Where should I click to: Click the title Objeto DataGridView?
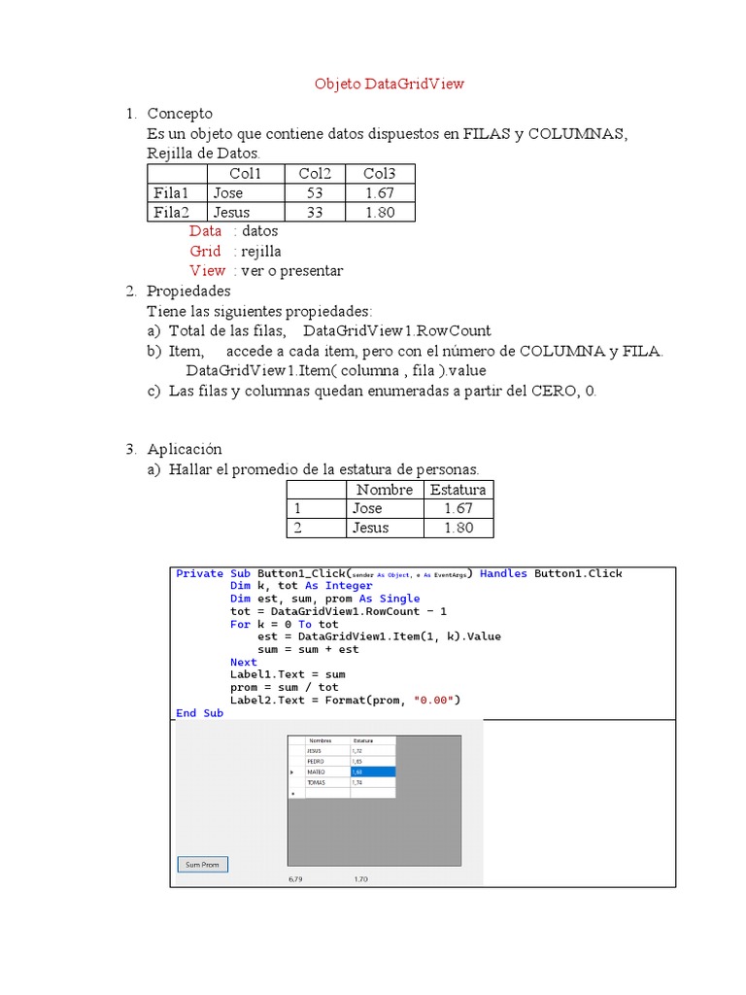[389, 84]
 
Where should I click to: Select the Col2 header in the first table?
[315, 174]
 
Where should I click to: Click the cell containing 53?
[315, 193]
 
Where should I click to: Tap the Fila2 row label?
[171, 213]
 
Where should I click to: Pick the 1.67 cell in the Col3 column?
[380, 193]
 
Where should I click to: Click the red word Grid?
[205, 252]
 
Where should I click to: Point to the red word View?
[207, 271]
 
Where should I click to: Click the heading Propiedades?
[188, 291]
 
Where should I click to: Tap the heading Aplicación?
[185, 449]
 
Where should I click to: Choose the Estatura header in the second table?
[458, 490]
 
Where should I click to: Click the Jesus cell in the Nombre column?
[370, 529]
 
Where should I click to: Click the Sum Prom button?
[202, 864]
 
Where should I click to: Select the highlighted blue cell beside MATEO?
[372, 772]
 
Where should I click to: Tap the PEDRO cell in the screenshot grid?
[314, 761]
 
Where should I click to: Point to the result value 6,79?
[296, 879]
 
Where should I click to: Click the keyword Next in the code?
[243, 662]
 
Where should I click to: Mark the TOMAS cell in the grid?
[315, 782]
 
